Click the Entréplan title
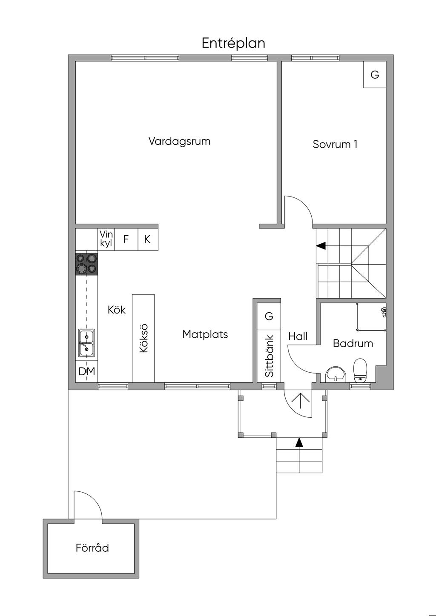(233, 43)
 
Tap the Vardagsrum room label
(179, 141)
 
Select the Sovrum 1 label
(335, 144)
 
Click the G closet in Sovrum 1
(375, 74)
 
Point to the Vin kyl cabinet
(106, 239)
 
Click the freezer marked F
(126, 239)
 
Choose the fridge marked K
(148, 239)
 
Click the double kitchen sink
(86, 343)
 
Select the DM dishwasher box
(86, 371)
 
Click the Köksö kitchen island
(143, 338)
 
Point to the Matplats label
(205, 334)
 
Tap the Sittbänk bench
(269, 356)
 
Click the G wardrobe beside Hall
(269, 316)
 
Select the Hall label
(298, 336)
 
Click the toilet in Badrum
(360, 370)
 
